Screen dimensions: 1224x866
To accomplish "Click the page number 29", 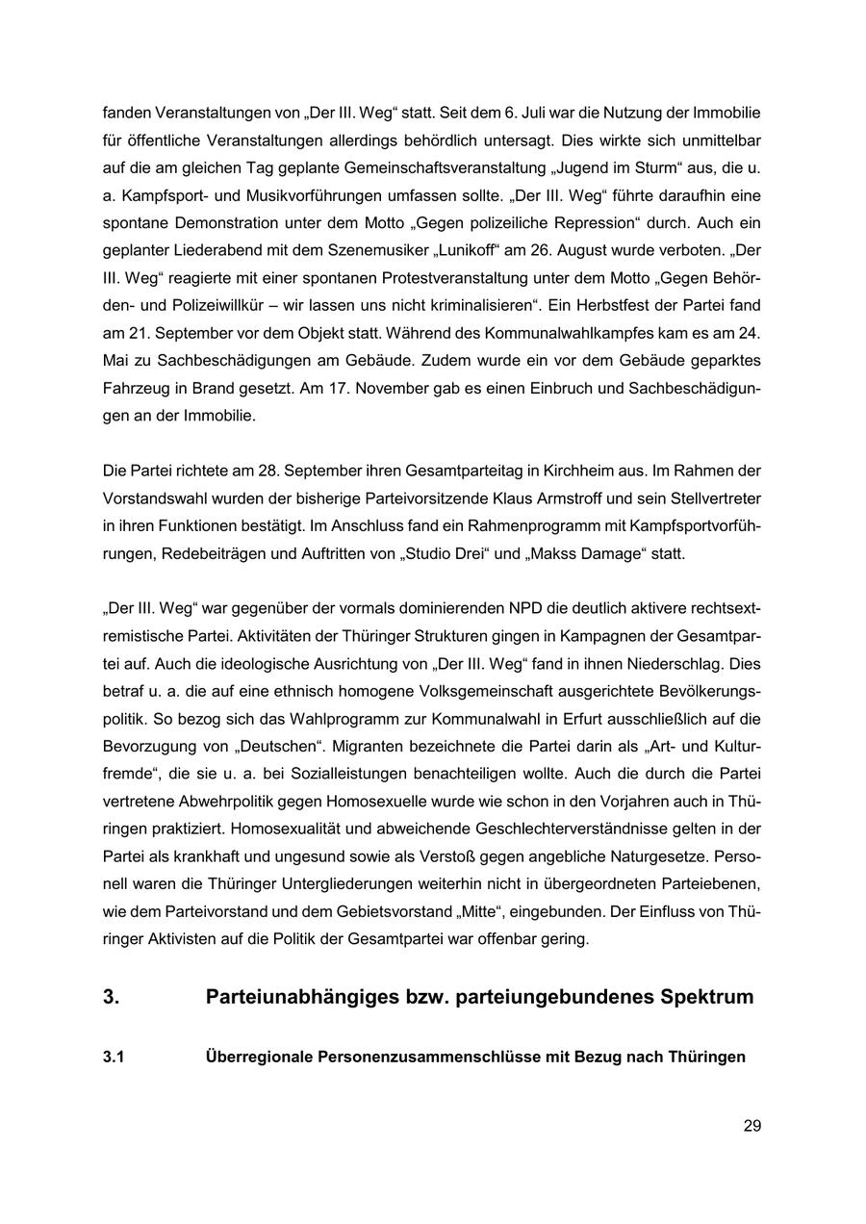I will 751,1125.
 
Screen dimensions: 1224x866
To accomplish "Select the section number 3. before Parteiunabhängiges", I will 112,997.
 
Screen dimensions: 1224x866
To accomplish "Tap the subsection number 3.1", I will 114,1057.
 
